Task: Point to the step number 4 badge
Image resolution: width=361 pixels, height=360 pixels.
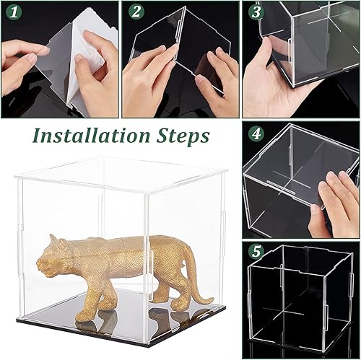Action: point(254,135)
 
